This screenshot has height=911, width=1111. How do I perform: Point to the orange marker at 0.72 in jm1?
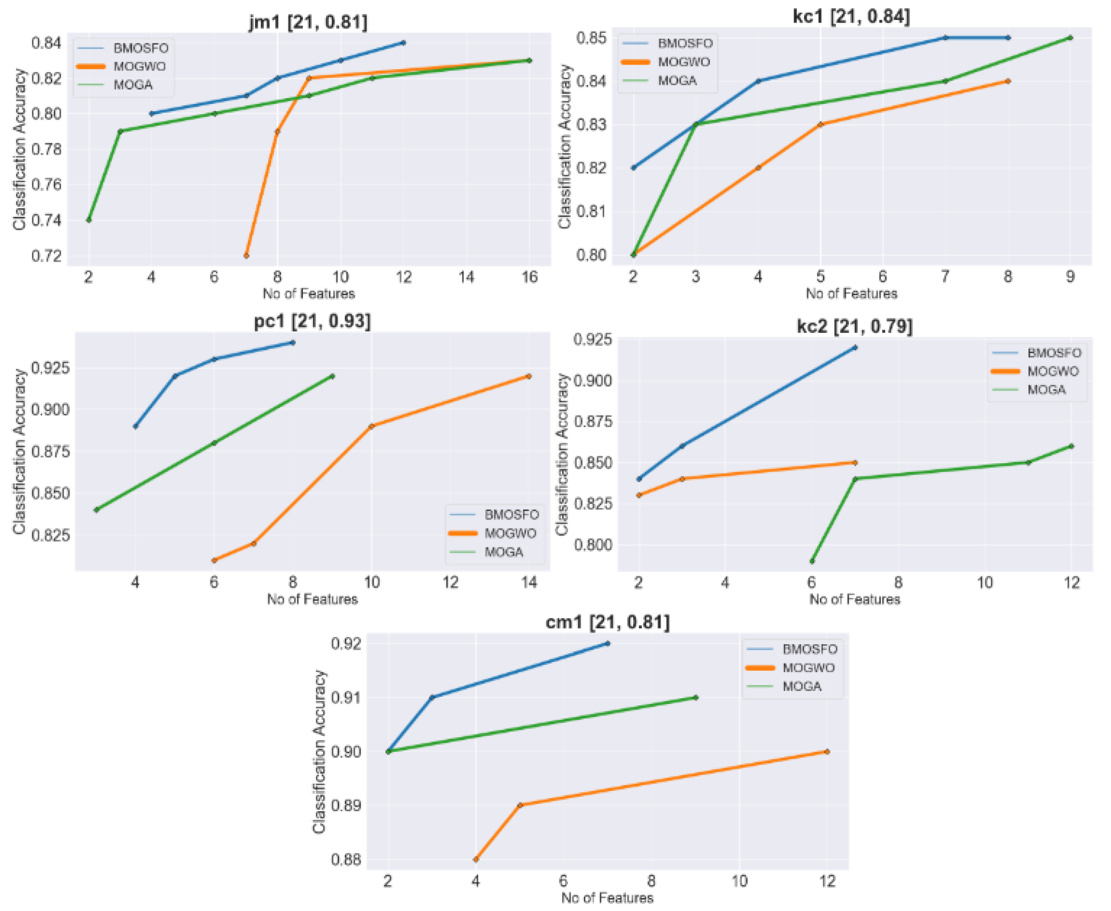(x=246, y=255)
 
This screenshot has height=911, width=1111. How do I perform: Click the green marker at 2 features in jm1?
(x=89, y=220)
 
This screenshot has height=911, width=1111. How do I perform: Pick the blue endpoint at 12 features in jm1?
(x=403, y=43)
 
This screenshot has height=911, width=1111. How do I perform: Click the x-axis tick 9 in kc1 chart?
(x=1070, y=277)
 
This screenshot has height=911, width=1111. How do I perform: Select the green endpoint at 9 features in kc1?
(x=1070, y=38)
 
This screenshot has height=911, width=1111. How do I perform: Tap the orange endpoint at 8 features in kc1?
(x=1008, y=81)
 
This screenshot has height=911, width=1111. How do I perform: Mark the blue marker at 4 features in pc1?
(x=136, y=426)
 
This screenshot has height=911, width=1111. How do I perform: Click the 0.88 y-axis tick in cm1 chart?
(x=345, y=860)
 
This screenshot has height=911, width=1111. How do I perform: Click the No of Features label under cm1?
(x=607, y=898)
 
